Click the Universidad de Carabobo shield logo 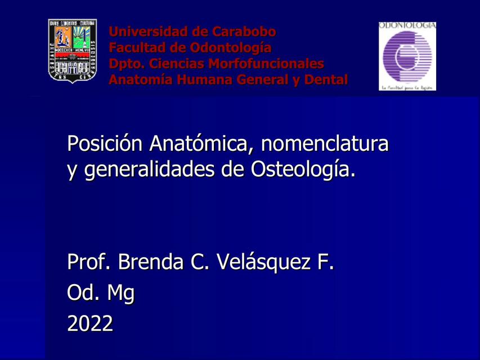(72, 51)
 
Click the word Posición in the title (105, 144)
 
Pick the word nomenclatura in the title (325, 144)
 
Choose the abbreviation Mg (121, 293)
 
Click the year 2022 (90, 323)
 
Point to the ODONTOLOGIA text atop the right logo (407, 26)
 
